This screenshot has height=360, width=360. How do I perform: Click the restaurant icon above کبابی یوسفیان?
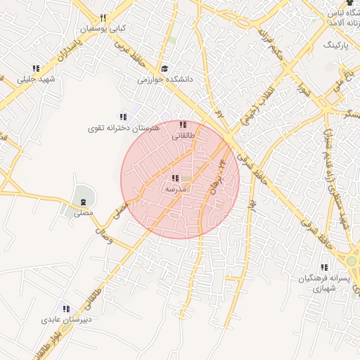(x=103, y=18)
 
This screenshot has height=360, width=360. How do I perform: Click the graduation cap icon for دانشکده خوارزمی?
(x=165, y=69)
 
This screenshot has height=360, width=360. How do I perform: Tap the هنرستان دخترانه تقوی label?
(x=124, y=128)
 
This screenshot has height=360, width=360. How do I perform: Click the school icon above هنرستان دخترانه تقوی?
(x=123, y=117)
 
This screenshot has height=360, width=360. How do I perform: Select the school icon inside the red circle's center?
(x=174, y=179)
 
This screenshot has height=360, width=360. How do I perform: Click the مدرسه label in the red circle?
(x=175, y=190)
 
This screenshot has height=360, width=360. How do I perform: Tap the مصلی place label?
(x=83, y=212)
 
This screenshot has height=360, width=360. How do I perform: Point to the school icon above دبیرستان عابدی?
(x=65, y=309)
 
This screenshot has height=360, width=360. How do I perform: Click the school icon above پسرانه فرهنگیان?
(x=324, y=268)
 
